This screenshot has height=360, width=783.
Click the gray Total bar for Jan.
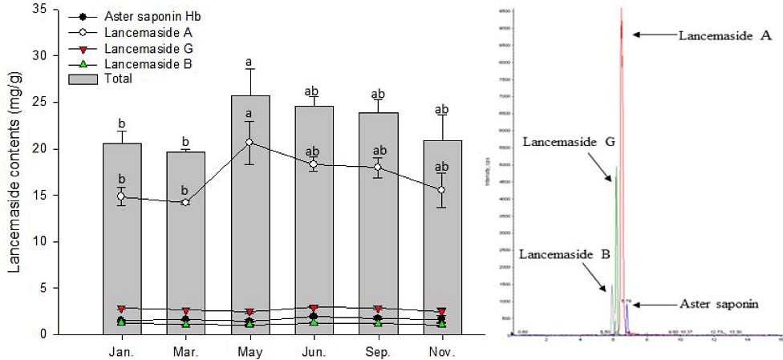122,257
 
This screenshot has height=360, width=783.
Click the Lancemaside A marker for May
250,142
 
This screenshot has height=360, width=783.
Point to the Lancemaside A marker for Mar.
186,202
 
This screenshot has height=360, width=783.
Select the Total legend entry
116,79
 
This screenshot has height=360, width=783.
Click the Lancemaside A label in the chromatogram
724,35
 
